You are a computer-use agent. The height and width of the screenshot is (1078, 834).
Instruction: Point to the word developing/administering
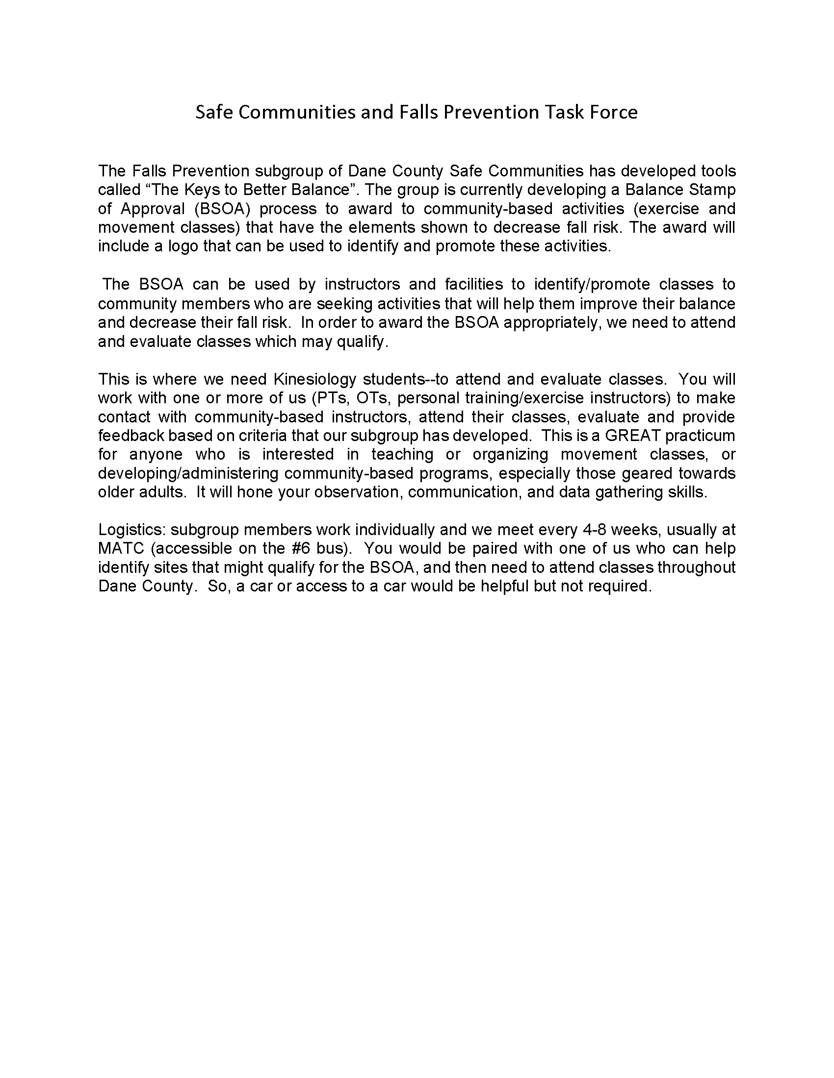(188, 473)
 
